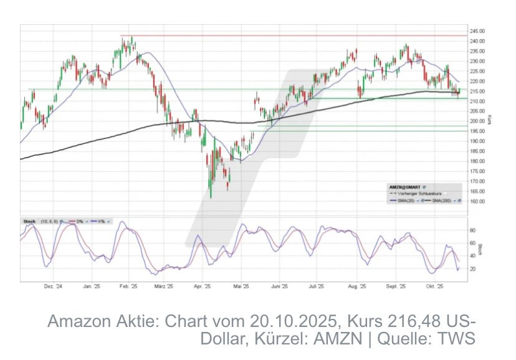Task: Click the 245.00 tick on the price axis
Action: point(477,31)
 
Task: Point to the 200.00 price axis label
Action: point(477,121)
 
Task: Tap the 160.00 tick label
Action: point(477,201)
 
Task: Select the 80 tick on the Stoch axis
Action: point(472,230)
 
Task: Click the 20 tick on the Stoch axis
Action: point(472,269)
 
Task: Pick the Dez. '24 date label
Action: point(53,287)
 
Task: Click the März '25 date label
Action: point(163,287)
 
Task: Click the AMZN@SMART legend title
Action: point(402,186)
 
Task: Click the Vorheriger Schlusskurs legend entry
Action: point(414,193)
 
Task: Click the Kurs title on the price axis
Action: point(490,118)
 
